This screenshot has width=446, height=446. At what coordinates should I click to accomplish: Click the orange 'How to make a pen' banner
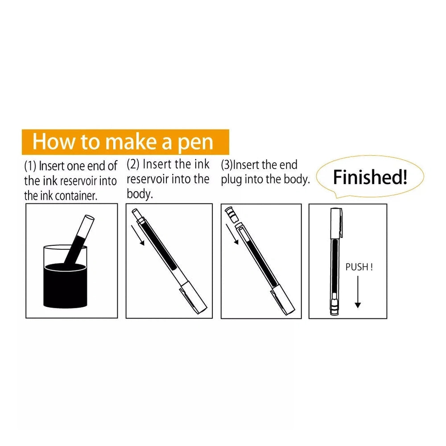(x=125, y=142)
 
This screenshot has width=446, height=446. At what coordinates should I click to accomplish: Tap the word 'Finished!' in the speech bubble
(x=370, y=177)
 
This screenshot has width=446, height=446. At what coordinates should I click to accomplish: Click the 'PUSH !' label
(x=359, y=267)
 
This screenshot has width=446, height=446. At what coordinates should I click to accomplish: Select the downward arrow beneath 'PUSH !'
(x=358, y=292)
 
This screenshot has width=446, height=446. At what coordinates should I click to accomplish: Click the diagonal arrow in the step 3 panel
(x=232, y=234)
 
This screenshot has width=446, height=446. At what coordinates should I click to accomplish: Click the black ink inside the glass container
(x=65, y=285)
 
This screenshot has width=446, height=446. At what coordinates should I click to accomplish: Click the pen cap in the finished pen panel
(x=336, y=223)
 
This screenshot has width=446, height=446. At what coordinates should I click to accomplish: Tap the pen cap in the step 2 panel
(x=194, y=297)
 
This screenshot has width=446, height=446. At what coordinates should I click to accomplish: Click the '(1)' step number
(x=30, y=166)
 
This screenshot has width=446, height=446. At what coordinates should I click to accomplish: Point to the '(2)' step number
(x=133, y=164)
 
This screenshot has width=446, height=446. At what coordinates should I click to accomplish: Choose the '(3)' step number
(x=227, y=165)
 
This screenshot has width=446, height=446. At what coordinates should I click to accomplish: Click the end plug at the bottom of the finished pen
(x=334, y=307)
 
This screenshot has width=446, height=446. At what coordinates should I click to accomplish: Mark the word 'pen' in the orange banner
(x=195, y=142)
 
